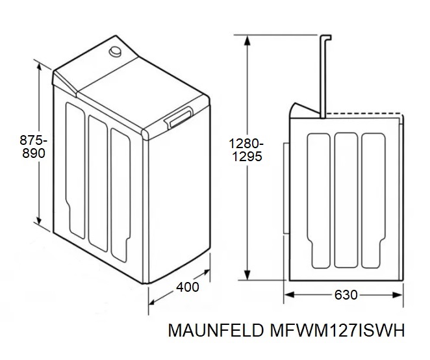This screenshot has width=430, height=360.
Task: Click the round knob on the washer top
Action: (115, 51)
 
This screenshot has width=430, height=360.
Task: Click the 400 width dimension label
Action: (188, 287)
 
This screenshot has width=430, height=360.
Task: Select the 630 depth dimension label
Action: (346, 295)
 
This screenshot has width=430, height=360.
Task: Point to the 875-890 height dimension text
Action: (33, 147)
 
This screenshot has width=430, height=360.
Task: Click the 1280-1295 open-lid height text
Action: (247, 150)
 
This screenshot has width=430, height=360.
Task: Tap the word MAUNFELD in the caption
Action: (216, 330)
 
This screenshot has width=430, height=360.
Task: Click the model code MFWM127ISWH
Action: (337, 330)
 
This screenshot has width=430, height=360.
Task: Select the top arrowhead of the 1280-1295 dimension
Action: (247, 40)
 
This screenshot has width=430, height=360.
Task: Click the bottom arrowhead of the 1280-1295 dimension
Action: (247, 275)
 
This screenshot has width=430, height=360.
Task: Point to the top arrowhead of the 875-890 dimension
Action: (39, 68)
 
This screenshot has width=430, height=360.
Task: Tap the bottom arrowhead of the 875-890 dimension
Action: (39, 219)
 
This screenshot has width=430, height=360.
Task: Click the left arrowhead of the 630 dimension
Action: (290, 295)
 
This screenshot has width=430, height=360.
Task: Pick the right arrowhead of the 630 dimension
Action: (398, 295)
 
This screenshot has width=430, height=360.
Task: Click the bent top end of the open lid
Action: (326, 38)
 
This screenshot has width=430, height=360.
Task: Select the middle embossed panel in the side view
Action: (346, 200)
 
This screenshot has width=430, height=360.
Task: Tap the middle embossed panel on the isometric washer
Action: (98, 183)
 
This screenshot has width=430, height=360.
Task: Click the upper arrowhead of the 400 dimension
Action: (205, 273)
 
